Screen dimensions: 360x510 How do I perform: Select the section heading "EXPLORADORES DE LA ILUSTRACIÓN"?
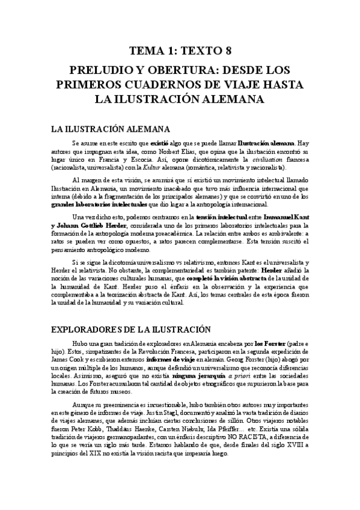click(x=130, y=328)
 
